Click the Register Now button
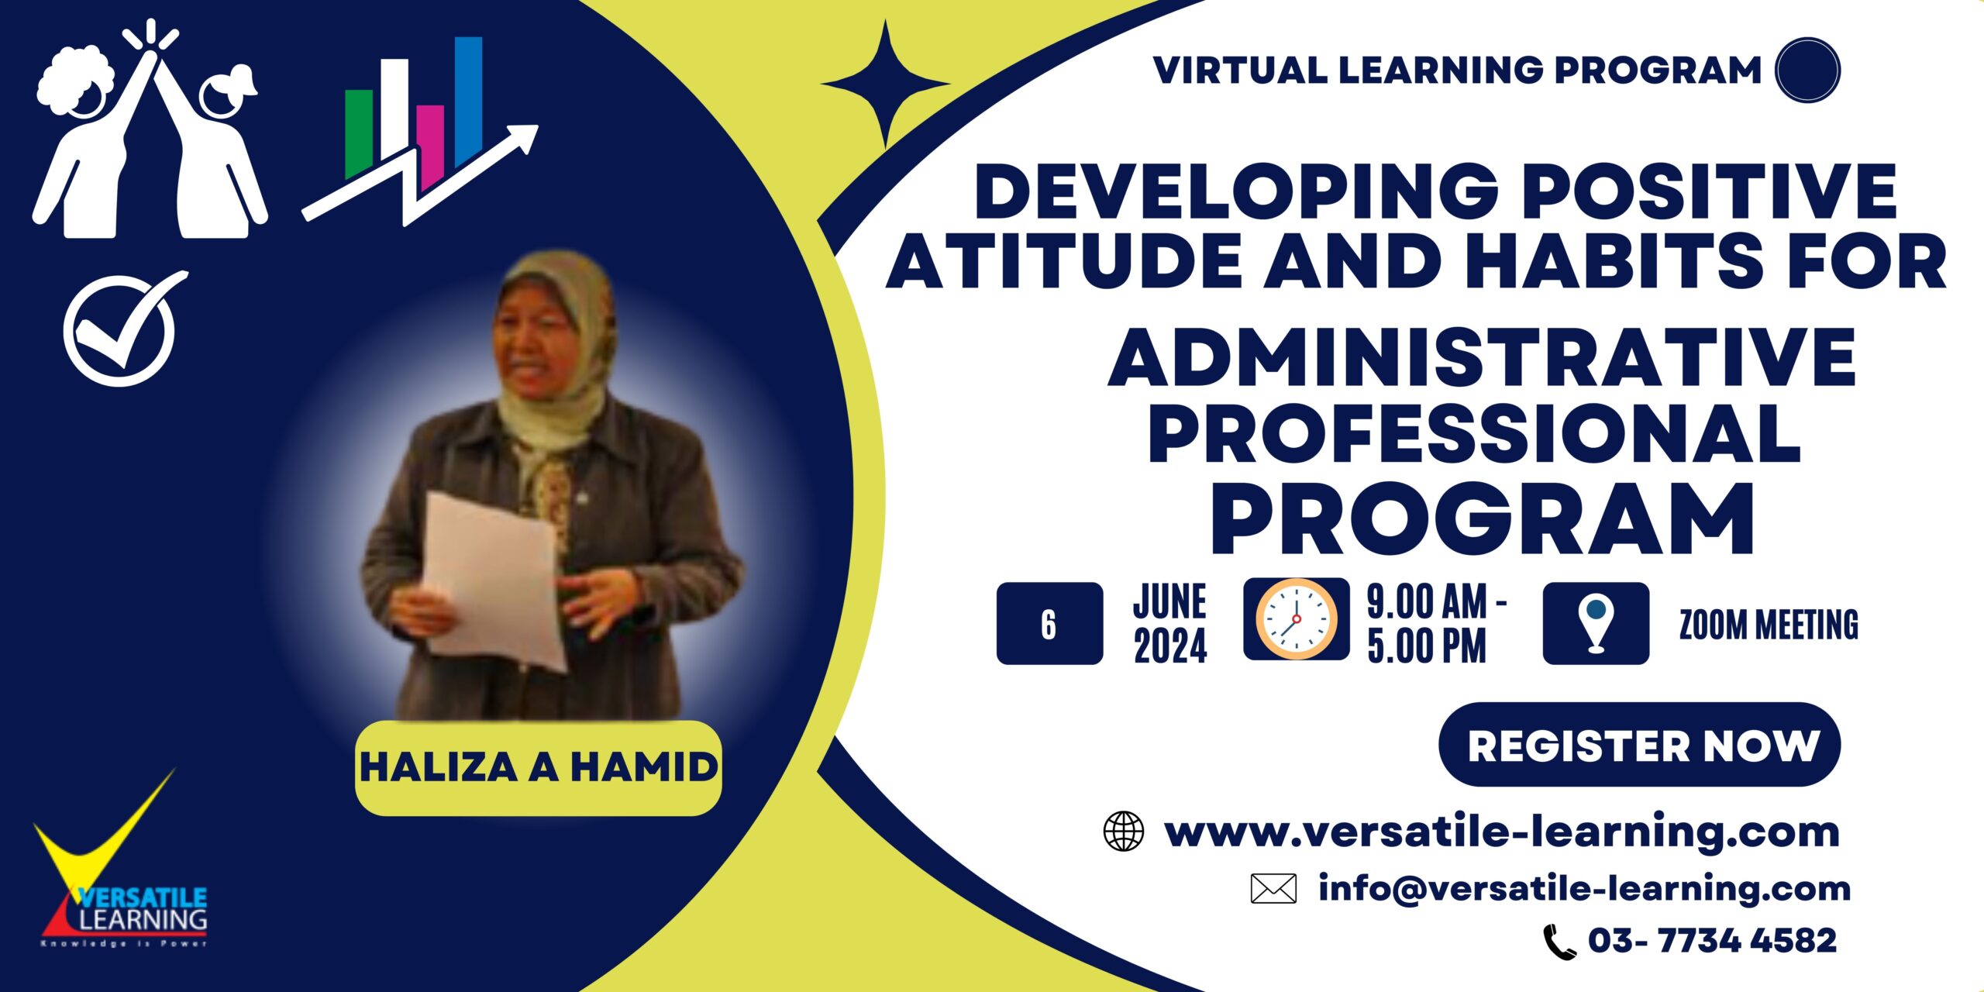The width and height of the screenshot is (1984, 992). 1639,745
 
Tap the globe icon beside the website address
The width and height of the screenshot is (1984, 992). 1123,832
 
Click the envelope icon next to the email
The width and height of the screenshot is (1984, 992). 1273,889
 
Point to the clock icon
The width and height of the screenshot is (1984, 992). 1297,619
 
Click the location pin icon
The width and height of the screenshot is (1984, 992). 1596,623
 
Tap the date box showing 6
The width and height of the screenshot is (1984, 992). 1049,623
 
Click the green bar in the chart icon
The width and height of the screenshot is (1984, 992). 358,133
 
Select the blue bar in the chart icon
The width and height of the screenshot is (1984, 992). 468,101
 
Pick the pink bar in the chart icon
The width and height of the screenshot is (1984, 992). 430,145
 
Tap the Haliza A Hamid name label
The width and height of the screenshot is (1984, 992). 539,768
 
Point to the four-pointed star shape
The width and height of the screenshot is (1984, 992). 886,84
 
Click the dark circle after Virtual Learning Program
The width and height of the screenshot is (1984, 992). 1807,70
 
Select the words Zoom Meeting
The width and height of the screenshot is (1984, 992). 1769,625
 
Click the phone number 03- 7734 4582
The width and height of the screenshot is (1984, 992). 1712,941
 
